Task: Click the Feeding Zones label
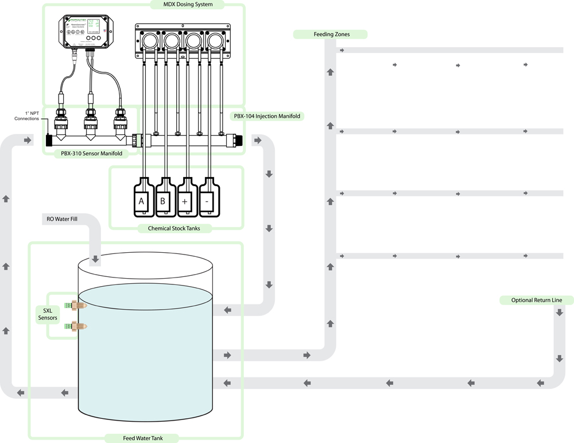(x=331, y=34)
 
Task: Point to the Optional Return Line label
(x=534, y=300)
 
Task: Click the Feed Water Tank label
(x=143, y=438)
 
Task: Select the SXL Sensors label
(x=47, y=314)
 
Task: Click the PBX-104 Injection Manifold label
(x=267, y=116)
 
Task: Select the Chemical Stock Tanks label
(x=176, y=229)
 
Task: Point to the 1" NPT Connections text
(x=27, y=115)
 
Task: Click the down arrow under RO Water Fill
(x=95, y=260)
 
